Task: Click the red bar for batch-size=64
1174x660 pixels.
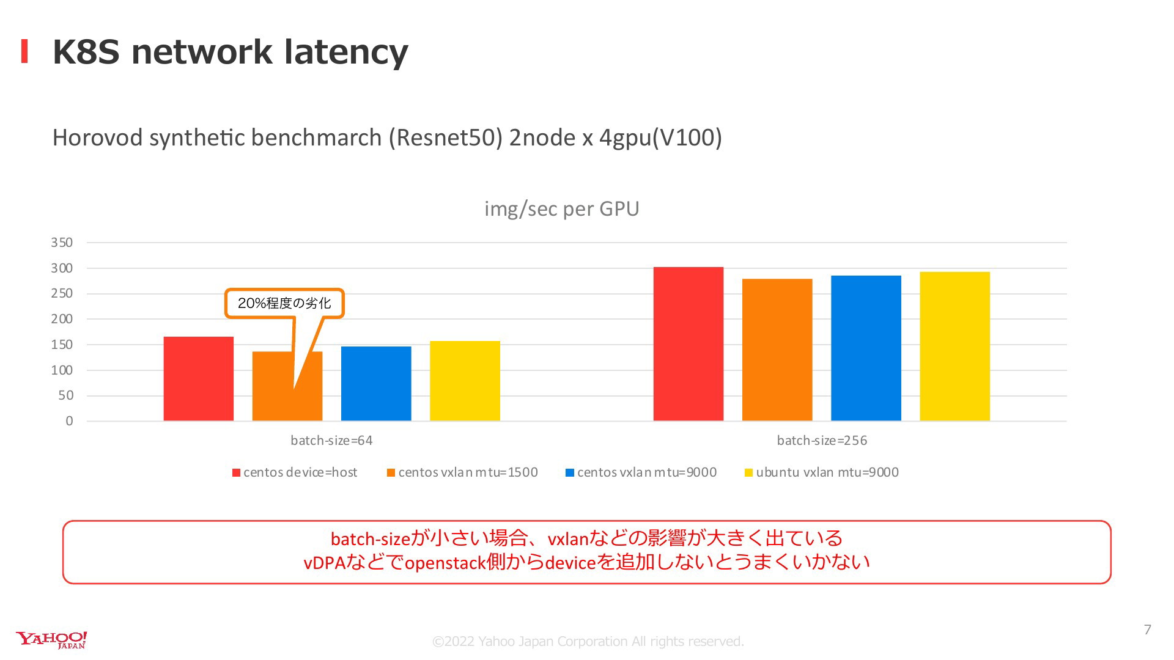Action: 199,379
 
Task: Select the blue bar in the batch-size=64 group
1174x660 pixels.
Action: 376,384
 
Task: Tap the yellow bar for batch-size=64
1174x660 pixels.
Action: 465,381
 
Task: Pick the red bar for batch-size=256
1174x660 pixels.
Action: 689,344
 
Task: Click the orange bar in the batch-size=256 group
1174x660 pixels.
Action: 777,350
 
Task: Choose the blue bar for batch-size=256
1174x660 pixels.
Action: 866,348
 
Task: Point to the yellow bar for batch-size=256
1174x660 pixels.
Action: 954,346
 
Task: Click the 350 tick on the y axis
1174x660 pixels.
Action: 62,243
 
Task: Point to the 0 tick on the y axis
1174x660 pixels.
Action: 69,421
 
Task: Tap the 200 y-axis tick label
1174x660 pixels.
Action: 62,319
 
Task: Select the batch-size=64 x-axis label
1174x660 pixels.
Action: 331,441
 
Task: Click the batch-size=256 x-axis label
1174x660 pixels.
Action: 822,441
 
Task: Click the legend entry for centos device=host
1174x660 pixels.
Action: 295,472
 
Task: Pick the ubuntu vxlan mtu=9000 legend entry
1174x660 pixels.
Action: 821,472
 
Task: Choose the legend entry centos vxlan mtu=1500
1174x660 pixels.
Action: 462,472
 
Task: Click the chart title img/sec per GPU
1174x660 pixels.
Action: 562,209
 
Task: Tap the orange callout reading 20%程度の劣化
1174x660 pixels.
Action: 284,303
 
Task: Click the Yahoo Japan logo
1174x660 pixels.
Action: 51,640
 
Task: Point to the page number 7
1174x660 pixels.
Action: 1148,630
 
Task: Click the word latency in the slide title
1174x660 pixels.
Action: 346,52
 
